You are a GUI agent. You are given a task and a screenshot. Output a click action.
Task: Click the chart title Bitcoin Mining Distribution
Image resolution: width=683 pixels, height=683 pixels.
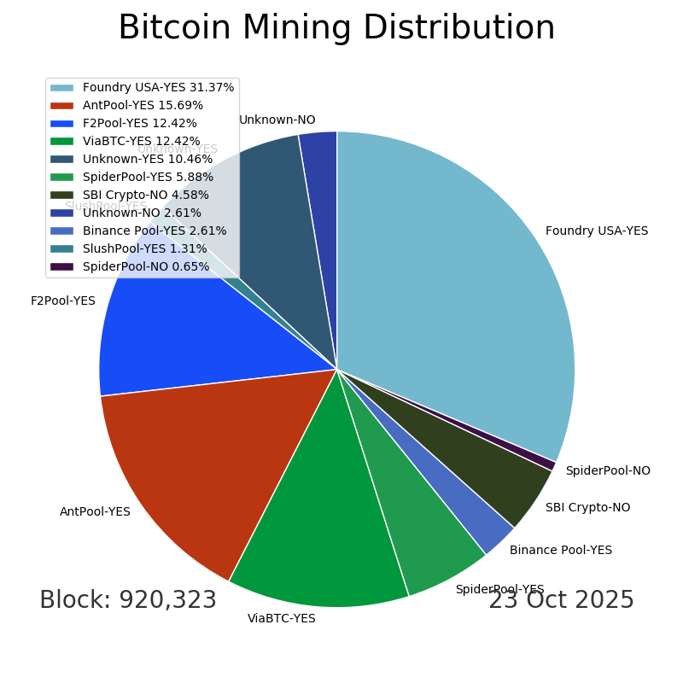336,28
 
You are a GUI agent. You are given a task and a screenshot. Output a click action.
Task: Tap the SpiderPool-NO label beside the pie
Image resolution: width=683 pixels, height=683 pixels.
607,470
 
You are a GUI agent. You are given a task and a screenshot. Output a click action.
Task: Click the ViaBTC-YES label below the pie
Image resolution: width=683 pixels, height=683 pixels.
281,618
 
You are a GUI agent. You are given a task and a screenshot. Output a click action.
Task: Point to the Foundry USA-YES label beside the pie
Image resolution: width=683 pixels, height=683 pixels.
596,231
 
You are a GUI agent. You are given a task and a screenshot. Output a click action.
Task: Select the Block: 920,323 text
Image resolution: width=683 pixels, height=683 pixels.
128,600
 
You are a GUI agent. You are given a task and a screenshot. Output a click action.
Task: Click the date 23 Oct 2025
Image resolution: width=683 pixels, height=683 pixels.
561,600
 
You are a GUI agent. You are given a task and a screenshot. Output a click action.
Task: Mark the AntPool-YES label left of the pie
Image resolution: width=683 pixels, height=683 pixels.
95,511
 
